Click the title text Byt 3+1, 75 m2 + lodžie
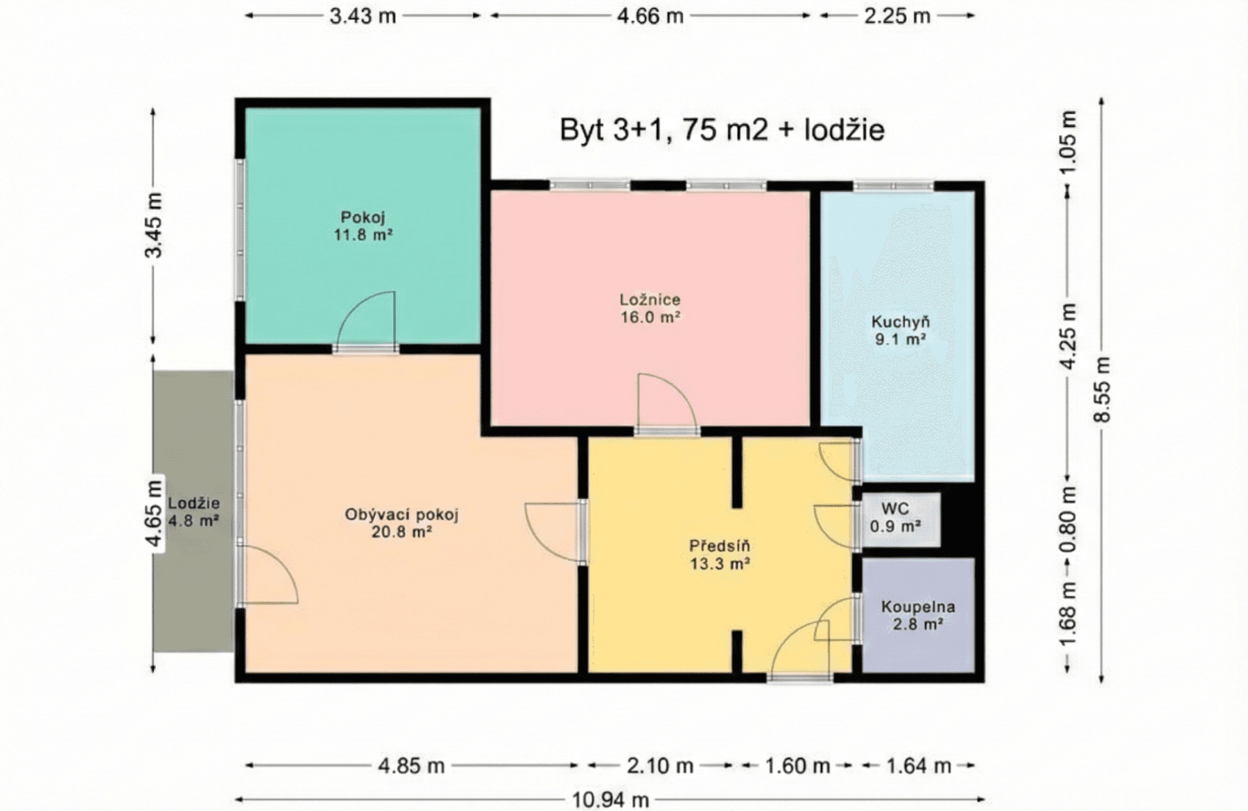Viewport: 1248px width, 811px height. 722,130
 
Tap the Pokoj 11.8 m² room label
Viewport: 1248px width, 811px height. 363,226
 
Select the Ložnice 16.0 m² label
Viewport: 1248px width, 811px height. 650,308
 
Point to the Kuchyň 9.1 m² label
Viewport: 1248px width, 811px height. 900,331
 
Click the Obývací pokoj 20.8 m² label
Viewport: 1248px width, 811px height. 401,523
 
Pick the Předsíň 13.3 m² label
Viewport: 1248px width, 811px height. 720,555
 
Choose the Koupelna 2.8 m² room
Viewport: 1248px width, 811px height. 917,615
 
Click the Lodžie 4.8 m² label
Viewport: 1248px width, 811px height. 193,512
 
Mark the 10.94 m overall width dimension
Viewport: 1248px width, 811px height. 610,799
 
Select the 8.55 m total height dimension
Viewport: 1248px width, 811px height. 1102,389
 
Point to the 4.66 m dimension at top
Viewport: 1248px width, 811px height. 650,15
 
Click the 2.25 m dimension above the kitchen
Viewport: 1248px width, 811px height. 896,15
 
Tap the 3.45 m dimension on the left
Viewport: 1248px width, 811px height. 153,225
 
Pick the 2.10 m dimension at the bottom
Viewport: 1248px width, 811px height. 659,765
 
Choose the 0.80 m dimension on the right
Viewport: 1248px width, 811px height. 1068,518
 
